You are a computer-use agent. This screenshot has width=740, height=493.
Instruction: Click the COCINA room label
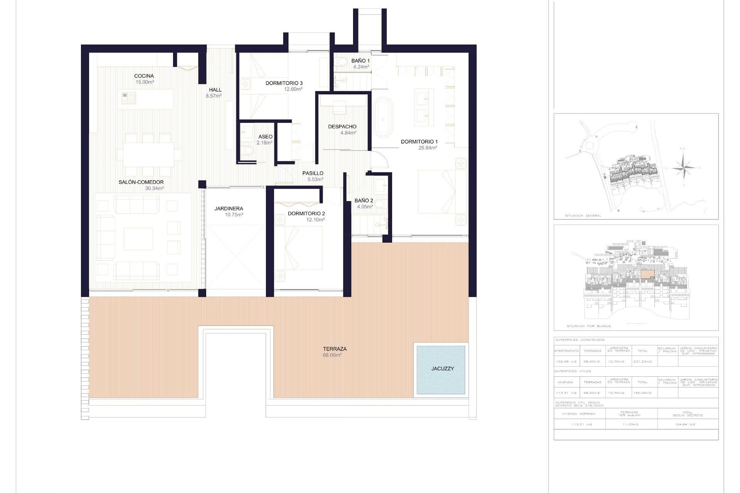pos(144,76)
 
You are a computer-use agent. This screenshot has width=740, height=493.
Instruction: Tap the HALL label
pos(215,90)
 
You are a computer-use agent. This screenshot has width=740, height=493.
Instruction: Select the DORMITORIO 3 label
pos(284,83)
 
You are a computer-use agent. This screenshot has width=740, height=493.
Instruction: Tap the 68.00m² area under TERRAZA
pos(332,355)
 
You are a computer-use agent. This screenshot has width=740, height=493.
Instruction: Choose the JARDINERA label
pos(229,209)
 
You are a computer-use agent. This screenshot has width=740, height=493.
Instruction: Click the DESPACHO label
pos(342,127)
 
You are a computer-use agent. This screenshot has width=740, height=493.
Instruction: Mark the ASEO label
pos(265,137)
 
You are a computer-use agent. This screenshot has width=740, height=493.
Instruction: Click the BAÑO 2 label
pos(363,201)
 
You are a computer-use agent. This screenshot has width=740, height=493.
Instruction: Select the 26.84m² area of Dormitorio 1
pos(427,148)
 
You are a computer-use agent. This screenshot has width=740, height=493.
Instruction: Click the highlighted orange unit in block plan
pos(647,274)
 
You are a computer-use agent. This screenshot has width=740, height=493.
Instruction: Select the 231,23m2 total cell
pos(642,362)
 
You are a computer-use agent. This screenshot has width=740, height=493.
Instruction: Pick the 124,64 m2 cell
pos(688,424)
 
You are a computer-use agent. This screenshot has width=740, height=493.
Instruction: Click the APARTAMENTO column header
pos(567,351)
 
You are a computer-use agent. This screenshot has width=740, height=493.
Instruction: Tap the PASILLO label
pos(313,173)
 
